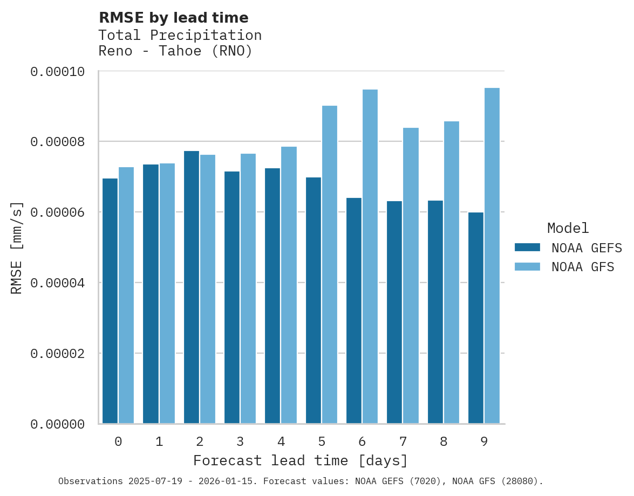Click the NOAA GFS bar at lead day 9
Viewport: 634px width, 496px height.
coord(492,256)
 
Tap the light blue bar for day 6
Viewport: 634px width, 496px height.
coord(370,257)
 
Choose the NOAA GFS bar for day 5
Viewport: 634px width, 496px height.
coord(330,264)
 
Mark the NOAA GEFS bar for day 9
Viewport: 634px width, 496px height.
coord(476,318)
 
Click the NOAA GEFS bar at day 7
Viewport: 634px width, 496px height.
coord(394,312)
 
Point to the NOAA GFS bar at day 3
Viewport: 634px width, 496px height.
coord(248,288)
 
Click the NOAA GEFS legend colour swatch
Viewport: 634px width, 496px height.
coord(527,247)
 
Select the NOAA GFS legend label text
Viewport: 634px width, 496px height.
coord(583,267)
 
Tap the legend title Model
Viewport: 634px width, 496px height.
coord(568,228)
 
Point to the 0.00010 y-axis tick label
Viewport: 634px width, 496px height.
coord(57,72)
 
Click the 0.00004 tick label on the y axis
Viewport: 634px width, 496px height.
coord(57,283)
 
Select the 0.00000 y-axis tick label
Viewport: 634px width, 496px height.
coord(57,425)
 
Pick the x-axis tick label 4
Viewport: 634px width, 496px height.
coord(281,442)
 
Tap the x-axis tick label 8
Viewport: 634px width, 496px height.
coord(444,442)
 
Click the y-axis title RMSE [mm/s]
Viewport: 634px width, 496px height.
coord(17,248)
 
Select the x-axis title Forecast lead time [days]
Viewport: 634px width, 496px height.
coord(301,461)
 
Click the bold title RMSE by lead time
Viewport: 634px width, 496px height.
coord(174,18)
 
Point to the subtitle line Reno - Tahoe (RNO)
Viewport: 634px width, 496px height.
coord(175,52)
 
